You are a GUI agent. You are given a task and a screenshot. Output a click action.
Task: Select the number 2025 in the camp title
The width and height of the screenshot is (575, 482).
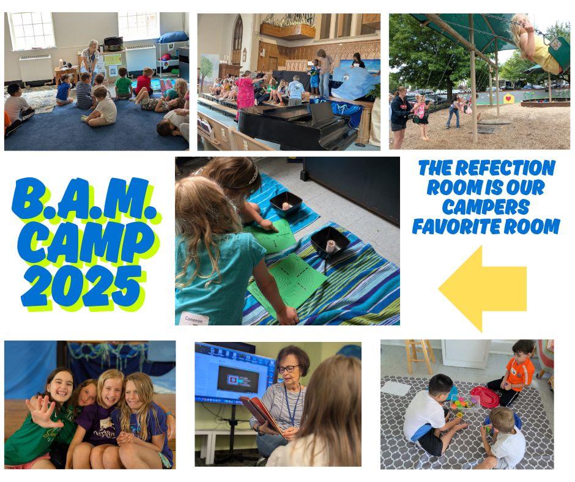[x=81, y=286]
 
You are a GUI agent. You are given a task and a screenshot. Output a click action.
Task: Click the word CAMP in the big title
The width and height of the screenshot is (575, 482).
[x=86, y=242]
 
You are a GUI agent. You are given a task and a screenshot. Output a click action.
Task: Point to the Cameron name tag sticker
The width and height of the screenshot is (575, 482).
[x=194, y=319]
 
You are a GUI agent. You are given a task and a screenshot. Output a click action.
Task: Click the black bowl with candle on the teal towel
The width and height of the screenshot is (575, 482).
[x=286, y=203]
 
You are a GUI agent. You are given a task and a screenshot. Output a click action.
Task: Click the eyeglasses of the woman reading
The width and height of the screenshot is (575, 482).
[x=288, y=368]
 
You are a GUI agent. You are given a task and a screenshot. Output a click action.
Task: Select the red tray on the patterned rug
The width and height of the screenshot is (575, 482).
[x=484, y=396]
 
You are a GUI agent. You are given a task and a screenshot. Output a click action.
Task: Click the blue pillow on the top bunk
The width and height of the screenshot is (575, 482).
[x=172, y=37]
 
